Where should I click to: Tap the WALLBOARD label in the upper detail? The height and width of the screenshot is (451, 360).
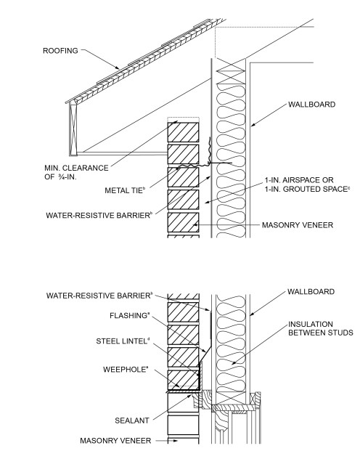click(311, 105)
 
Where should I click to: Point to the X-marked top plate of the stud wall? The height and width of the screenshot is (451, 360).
click(233, 72)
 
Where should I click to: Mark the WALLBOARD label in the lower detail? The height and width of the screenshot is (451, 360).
click(311, 292)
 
